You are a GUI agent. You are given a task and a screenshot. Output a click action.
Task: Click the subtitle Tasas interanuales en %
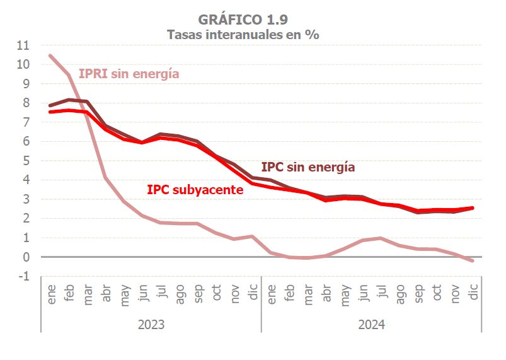click(243, 35)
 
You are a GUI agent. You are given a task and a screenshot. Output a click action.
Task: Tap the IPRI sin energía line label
click(129, 74)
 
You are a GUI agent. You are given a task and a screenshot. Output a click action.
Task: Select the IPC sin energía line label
click(308, 167)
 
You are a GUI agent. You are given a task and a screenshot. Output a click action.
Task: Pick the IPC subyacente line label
click(195, 189)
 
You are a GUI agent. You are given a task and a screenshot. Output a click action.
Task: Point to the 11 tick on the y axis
click(23, 45)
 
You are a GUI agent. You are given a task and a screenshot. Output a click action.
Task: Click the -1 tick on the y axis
click(24, 277)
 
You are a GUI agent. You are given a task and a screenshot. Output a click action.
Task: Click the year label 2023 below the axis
click(151, 325)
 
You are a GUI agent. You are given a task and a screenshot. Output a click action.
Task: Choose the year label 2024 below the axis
click(372, 325)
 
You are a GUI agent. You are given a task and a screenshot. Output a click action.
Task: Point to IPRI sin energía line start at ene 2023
click(50, 55)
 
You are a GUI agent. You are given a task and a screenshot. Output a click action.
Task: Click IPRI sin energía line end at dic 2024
click(473, 261)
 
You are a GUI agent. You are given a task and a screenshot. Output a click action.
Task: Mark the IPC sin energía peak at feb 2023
click(69, 100)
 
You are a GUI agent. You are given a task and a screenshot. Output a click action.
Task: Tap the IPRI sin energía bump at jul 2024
click(381, 238)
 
